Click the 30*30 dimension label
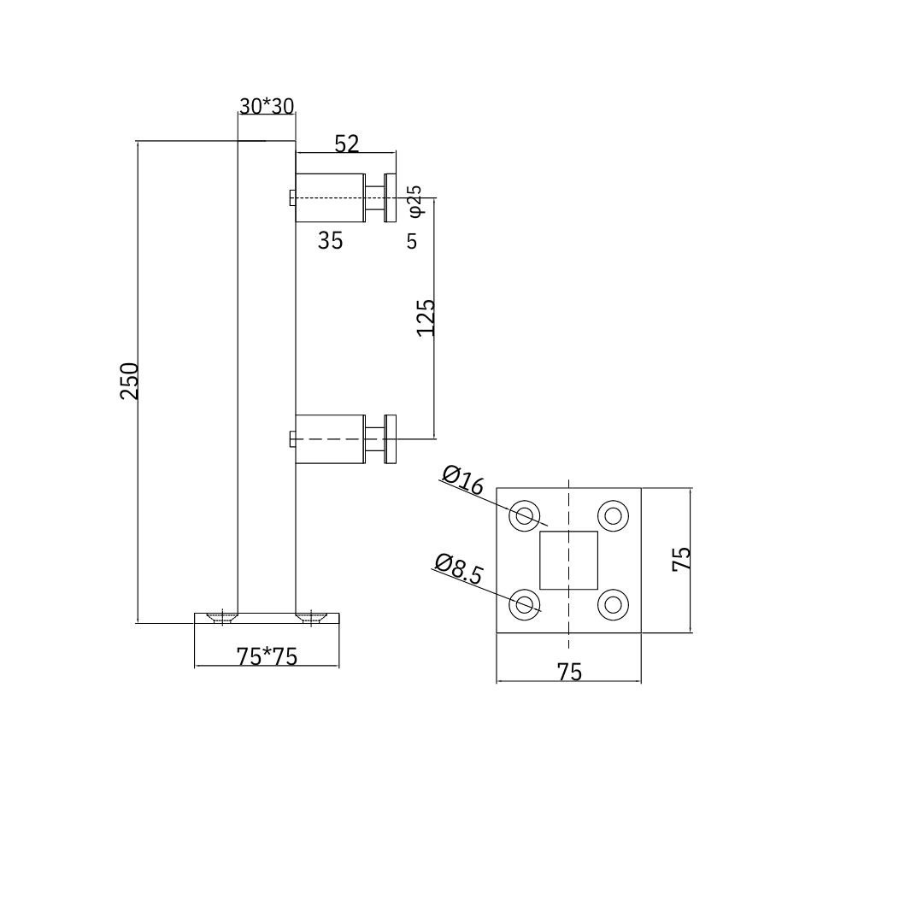267,106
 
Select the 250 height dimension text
129,380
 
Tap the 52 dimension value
346,144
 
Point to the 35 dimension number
330,241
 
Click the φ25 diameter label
414,199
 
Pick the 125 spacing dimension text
426,317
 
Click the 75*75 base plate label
267,656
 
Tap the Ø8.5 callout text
458,568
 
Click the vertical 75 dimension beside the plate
681,559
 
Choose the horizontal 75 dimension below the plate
569,672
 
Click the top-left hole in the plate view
525,515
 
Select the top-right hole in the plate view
613,515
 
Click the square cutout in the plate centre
568,560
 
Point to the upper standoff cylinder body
330,197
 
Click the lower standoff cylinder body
330,438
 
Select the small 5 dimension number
412,242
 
